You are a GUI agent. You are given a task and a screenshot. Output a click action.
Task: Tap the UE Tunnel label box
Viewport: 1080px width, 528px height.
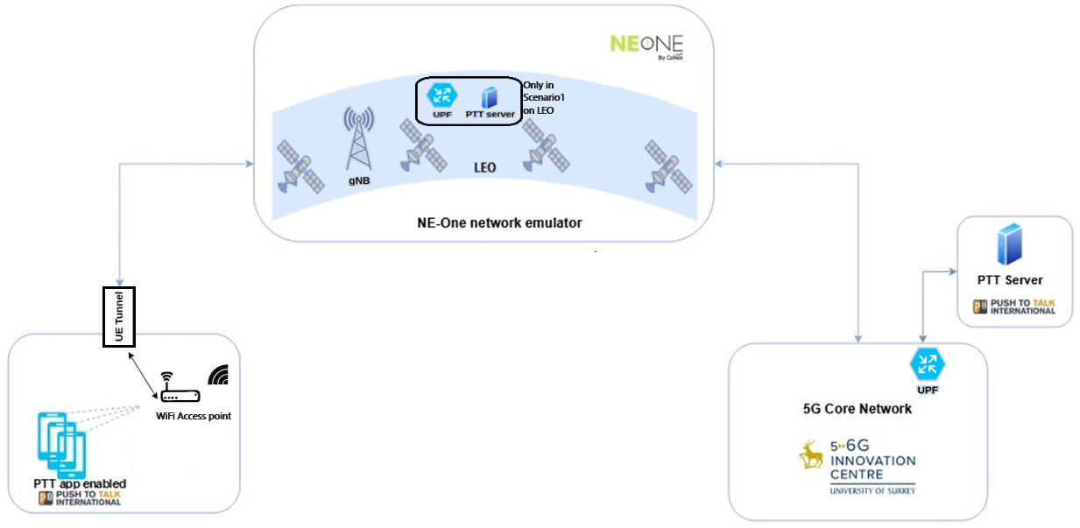119,316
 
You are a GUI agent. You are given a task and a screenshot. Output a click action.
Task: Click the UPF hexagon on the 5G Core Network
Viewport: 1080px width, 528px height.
928,363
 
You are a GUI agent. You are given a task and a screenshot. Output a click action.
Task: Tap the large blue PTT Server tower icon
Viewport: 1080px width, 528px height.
1009,243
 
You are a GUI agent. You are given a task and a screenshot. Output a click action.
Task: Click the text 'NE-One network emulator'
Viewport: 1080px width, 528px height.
499,223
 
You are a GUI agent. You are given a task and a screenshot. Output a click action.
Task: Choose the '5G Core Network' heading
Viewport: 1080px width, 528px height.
857,409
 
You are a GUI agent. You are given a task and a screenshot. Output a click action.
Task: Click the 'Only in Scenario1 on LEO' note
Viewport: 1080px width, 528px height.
538,98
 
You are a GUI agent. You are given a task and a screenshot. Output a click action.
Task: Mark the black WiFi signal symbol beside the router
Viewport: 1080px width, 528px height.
218,375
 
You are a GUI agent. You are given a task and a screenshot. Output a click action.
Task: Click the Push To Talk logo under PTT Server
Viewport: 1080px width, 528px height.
1014,306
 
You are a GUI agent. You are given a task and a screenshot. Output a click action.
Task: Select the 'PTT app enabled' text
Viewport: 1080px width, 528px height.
80,484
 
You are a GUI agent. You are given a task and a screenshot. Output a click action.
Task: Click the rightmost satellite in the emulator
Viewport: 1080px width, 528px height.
668,166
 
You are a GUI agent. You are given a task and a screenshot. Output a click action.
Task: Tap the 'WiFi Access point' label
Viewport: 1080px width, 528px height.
194,416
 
